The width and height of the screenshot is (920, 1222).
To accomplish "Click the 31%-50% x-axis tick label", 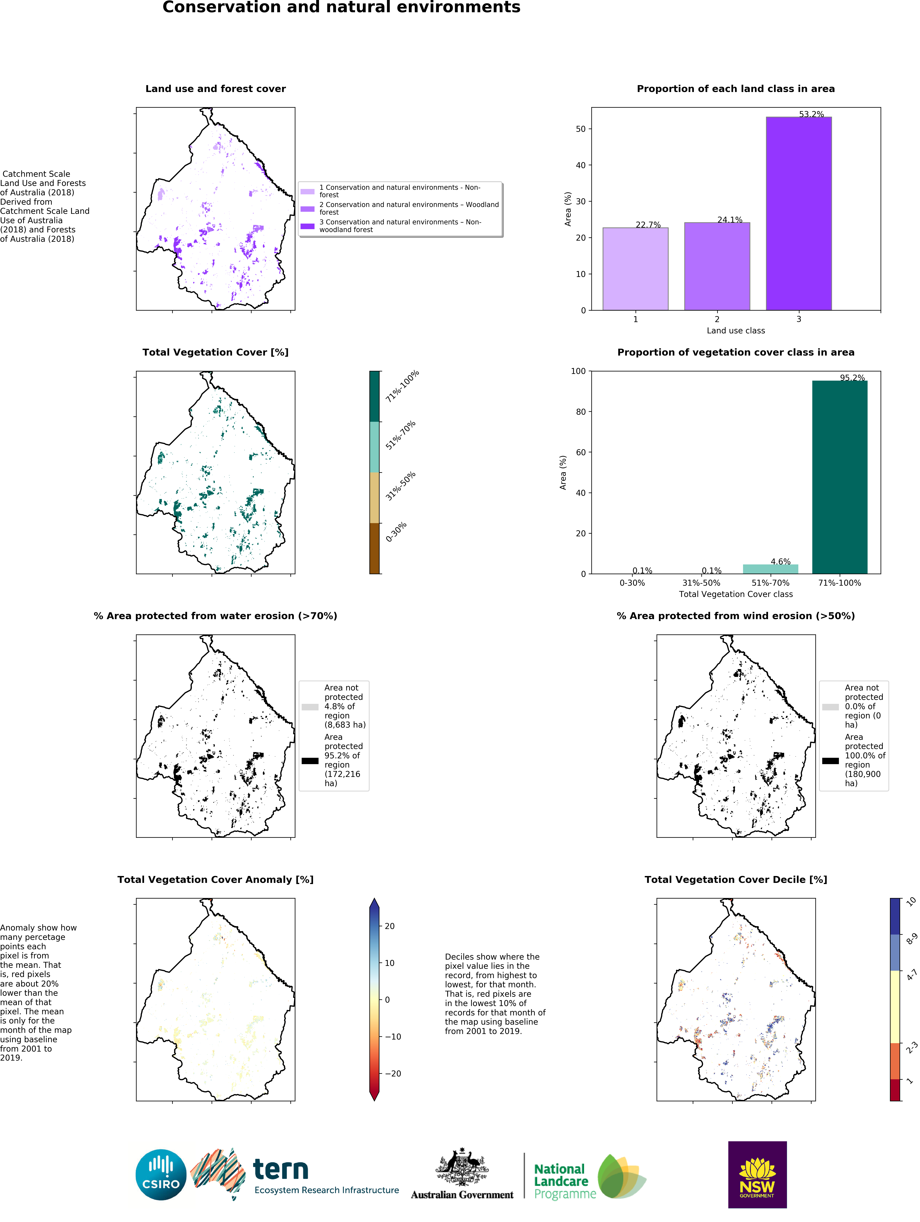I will (x=701, y=583).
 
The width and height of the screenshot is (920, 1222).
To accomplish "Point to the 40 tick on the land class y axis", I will (x=580, y=165).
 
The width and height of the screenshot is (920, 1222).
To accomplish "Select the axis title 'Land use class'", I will (x=735, y=330).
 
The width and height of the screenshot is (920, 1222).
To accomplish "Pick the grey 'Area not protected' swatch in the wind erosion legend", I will (x=830, y=707).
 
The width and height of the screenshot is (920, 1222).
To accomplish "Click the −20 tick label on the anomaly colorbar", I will (x=393, y=1073).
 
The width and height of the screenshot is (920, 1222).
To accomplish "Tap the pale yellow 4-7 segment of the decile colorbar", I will (x=895, y=1007).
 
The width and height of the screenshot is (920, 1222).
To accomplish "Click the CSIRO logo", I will (x=161, y=1175).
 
